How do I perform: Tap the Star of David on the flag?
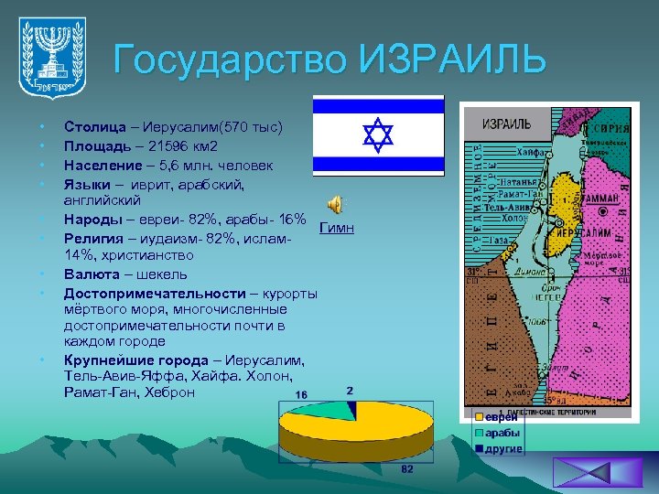point(378,134)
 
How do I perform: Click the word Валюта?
point(90,274)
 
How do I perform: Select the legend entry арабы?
point(502,433)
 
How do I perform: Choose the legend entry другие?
point(503,448)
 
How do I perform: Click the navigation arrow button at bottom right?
point(585,472)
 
